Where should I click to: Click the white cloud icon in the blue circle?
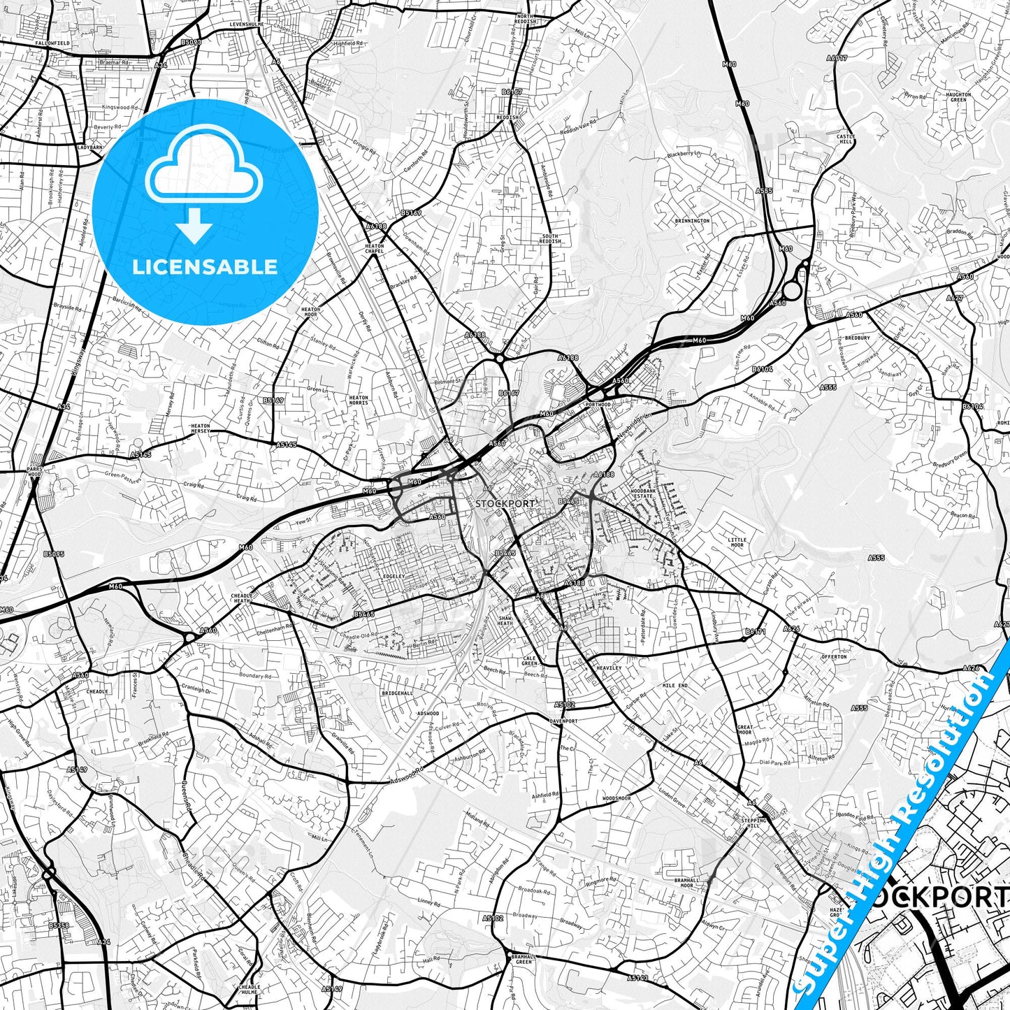204,172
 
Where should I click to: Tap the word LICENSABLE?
205,266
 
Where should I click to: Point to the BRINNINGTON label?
692,221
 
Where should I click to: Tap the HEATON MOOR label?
310,312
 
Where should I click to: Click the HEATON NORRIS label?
359,401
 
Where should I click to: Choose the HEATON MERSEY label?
201,428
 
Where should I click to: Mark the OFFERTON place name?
834,657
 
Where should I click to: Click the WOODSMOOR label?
616,798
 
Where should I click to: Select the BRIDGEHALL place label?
397,693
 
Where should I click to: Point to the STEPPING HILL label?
754,823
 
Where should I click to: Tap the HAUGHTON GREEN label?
958,97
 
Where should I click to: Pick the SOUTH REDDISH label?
550,239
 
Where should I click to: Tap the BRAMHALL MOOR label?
686,883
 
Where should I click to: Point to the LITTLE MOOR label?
737,542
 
